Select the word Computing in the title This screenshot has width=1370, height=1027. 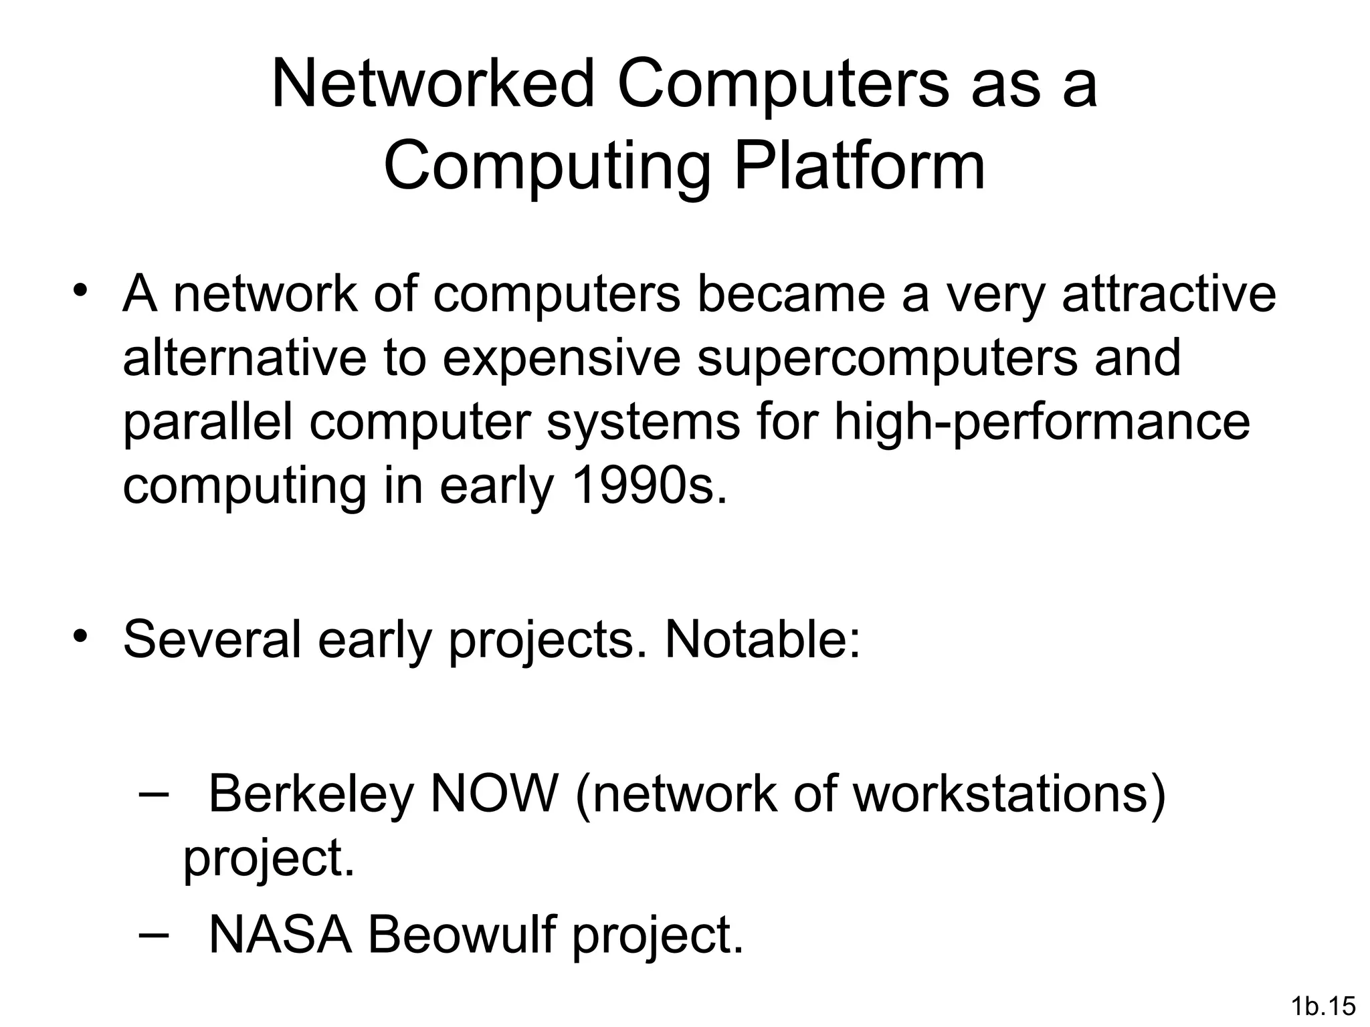pyautogui.click(x=547, y=167)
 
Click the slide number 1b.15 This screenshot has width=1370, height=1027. pyautogui.click(x=1323, y=1006)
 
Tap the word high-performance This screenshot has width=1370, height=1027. pyautogui.click(x=1042, y=422)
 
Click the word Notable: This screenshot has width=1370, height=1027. pyautogui.click(x=762, y=639)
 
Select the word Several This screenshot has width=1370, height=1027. pyautogui.click(x=211, y=639)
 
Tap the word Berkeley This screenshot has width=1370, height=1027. pyautogui.click(x=311, y=794)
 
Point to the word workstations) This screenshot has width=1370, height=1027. pyautogui.click(x=1010, y=794)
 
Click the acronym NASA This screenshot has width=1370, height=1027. pyautogui.click(x=280, y=934)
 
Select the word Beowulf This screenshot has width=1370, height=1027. pyautogui.click(x=462, y=934)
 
